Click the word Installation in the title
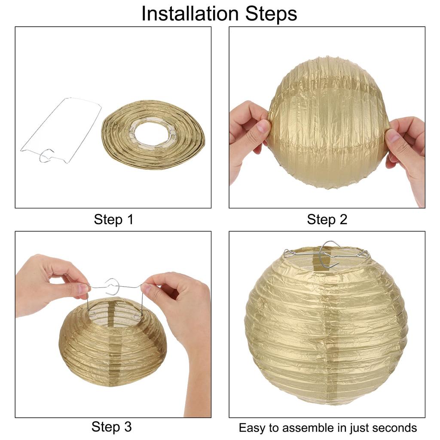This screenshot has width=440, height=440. tap(190, 13)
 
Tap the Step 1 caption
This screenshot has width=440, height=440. tap(113, 220)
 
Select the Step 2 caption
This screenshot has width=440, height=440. tap(327, 220)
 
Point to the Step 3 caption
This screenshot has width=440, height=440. tap(111, 427)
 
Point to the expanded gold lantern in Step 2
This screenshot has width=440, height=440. tap(327, 122)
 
